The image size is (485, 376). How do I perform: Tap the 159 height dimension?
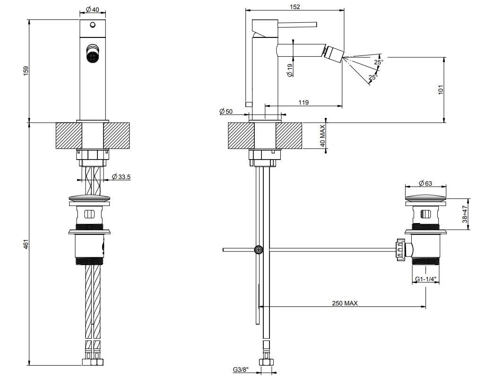(x=27, y=70)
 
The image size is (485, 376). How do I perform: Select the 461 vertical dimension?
(x=27, y=244)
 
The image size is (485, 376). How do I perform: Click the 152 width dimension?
(x=294, y=7)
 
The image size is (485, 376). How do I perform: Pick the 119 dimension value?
(x=303, y=102)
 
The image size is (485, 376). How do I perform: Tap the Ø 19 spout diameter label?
(x=290, y=71)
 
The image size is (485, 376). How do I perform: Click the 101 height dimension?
(x=441, y=90)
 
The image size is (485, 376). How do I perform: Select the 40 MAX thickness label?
(x=323, y=135)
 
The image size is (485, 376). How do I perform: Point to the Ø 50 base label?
(x=226, y=112)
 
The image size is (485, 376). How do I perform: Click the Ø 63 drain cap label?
(x=425, y=183)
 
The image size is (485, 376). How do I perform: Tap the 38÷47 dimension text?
(x=465, y=214)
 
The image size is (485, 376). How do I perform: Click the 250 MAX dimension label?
(x=344, y=303)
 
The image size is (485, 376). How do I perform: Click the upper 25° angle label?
(x=378, y=62)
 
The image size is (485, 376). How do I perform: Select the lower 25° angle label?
(x=373, y=77)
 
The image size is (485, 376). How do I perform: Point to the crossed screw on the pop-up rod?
(x=259, y=250)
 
